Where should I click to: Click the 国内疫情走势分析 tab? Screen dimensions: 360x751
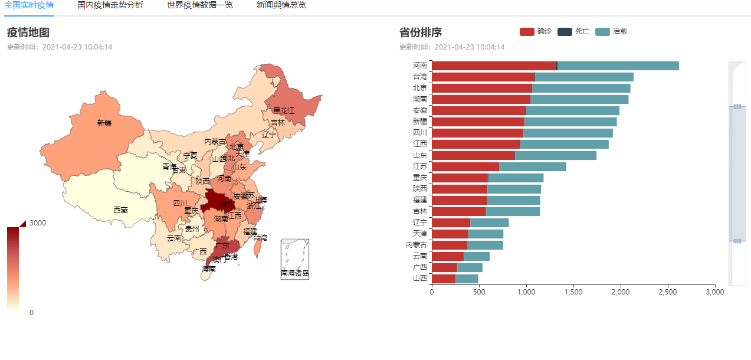(110, 5)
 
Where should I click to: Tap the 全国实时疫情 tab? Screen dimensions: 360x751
(28, 5)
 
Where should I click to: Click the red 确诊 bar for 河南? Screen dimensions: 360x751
(493, 66)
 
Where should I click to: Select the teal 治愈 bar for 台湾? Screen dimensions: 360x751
(584, 77)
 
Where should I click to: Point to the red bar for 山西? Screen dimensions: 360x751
(443, 279)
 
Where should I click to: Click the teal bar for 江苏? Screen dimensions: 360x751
(533, 166)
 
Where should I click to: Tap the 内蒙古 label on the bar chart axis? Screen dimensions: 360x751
(417, 245)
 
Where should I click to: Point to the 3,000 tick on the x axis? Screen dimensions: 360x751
(714, 292)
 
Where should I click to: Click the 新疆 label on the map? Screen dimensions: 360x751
(104, 123)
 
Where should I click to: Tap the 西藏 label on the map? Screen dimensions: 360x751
(120, 210)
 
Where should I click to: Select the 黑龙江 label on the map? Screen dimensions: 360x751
(283, 110)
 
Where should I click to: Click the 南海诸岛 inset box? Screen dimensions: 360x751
(295, 259)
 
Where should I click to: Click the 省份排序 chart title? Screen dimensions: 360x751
(420, 32)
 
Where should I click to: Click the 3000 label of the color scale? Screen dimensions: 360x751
(38, 223)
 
